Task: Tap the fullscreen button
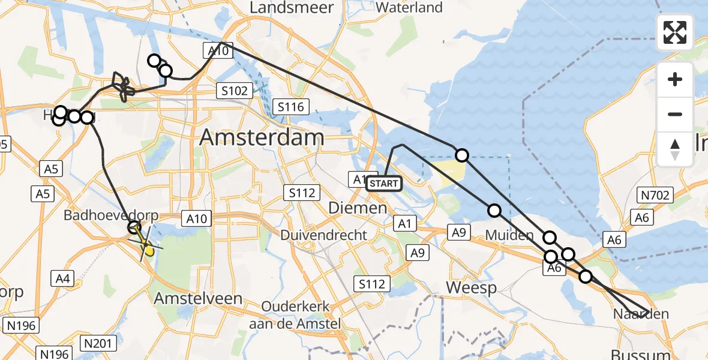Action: (675, 32)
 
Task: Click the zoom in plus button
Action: (675, 80)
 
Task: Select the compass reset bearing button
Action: (675, 149)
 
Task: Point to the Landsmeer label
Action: (283, 8)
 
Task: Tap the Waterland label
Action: (410, 8)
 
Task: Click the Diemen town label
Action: (358, 208)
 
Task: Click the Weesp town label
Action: (472, 288)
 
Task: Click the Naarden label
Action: (641, 314)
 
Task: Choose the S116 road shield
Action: (291, 107)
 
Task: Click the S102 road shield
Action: (234, 91)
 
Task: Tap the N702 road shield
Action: (656, 194)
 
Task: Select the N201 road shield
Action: (97, 343)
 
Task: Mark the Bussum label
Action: (635, 353)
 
